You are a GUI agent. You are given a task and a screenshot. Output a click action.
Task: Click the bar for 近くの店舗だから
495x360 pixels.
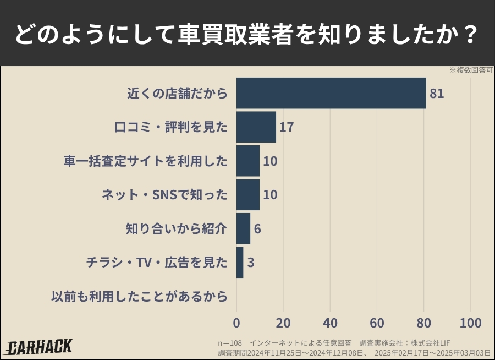click(331, 93)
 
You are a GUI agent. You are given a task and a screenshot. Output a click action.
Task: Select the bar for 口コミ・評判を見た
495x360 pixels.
click(256, 127)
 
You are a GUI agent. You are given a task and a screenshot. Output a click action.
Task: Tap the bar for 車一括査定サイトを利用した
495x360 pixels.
click(248, 161)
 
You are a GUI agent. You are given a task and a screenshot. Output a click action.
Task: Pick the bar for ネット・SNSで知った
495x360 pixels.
click(248, 195)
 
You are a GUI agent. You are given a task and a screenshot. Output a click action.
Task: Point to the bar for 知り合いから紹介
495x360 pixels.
click(243, 228)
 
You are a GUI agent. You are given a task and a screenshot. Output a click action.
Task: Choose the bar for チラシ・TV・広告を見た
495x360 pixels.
click(240, 263)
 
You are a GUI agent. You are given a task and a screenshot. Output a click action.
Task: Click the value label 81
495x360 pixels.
click(437, 94)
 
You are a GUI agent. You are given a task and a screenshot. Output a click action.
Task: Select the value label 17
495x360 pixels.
click(286, 127)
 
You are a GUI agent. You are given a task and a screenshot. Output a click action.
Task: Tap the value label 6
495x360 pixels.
click(257, 228)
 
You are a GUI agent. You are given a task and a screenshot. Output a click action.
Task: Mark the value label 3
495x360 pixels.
click(250, 263)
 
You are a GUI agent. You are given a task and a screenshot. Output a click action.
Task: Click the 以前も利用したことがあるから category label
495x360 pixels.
click(139, 297)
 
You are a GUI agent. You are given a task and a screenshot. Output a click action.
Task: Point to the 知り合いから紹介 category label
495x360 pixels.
click(176, 228)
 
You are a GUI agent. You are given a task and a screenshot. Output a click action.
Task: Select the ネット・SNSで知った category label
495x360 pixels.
click(164, 195)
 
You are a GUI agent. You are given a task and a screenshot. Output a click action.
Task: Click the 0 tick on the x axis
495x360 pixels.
click(237, 323)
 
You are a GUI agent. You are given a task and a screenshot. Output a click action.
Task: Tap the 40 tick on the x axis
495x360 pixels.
click(330, 323)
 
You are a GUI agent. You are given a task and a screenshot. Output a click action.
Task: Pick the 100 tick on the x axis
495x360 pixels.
click(470, 323)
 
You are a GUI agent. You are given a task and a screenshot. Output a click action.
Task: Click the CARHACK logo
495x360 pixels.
click(39, 347)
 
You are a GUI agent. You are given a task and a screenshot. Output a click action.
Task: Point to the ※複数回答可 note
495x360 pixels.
click(471, 70)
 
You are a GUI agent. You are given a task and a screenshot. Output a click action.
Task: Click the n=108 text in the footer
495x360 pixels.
click(229, 343)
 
